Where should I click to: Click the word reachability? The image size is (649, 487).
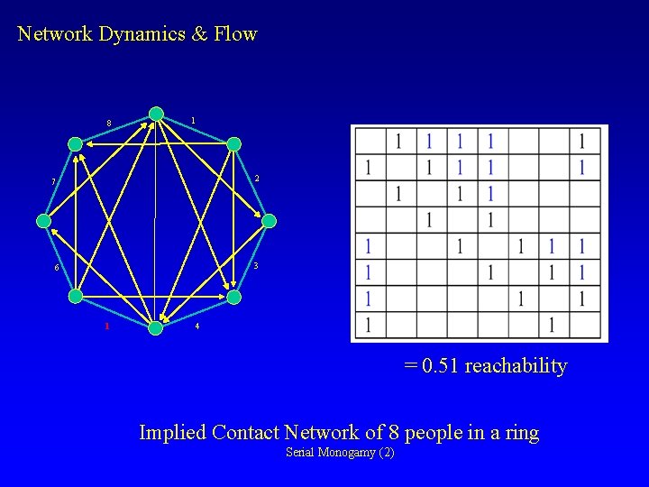pos(516,366)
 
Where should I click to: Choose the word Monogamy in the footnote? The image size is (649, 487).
pos(349,452)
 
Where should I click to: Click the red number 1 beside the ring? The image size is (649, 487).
pos(106,326)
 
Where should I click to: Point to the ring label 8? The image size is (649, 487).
pos(108,124)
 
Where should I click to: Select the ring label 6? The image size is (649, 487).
pos(55,269)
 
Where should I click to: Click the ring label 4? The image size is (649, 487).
pos(197,326)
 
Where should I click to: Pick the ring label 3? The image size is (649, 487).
pos(256,265)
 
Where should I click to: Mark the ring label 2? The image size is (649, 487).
pos(257,179)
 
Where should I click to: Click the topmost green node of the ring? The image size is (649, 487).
pos(156,114)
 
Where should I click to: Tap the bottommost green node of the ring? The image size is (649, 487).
pos(156,327)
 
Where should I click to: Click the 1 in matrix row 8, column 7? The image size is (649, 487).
pos(552,324)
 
